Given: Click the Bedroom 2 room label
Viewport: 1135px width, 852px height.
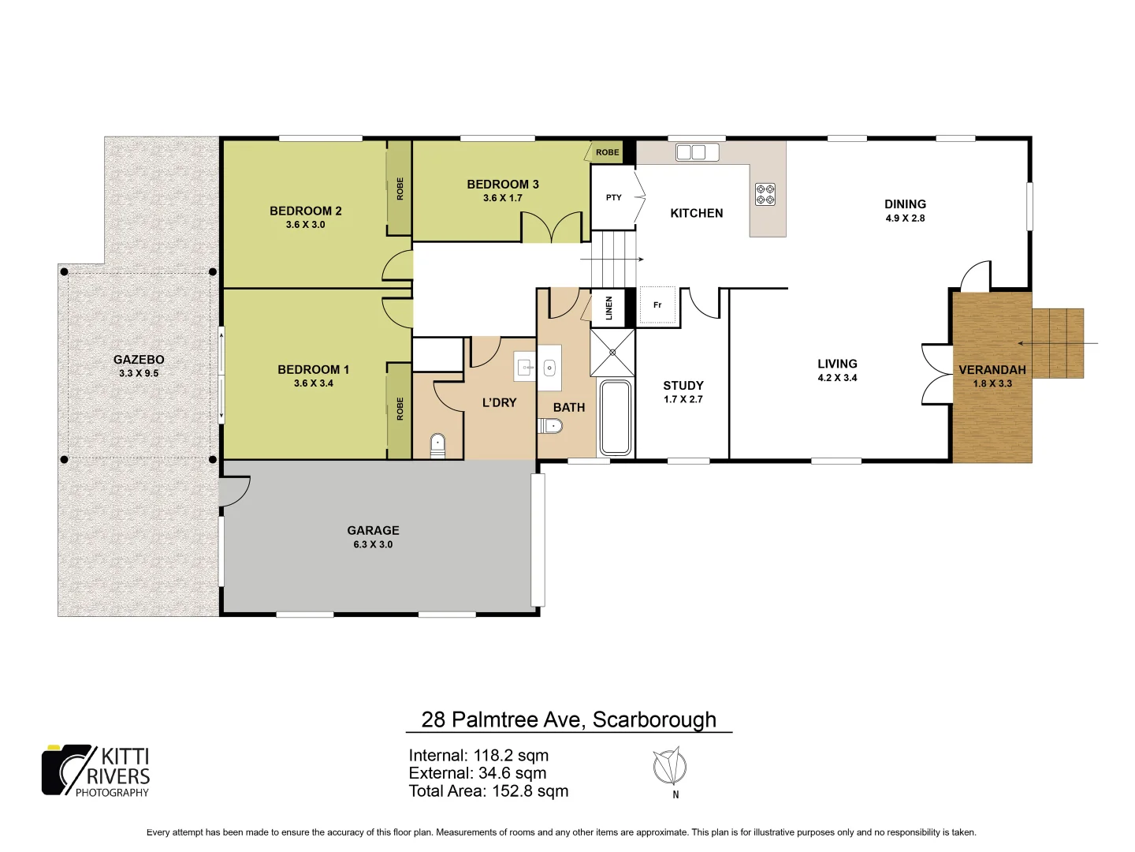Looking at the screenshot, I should pos(305,211).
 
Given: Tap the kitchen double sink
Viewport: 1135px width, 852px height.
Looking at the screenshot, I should pos(697,152).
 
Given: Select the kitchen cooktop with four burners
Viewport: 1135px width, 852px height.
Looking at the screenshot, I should pos(765,194).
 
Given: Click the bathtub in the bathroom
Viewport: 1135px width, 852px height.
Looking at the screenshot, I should pos(616,418).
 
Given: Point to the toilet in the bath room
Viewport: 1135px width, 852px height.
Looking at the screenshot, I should pos(551,426).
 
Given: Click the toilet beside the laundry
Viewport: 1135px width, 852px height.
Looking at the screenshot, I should pos(437,446).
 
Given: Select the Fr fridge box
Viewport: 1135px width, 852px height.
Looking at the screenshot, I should pos(657,305).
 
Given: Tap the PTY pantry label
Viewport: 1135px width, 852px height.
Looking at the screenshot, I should pos(613,197).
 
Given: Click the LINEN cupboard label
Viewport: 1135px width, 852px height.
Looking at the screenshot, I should pos(608,308).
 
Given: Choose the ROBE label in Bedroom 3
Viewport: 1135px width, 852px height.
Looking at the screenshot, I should pos(607,152).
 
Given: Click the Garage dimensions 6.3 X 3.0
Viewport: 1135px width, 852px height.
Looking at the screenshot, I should pos(373,544).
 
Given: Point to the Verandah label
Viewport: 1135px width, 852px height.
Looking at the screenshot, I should pos(992,369).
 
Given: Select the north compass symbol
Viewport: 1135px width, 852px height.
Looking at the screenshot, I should pos(670,767).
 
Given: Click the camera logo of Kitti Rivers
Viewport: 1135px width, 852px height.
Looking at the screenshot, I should pos(67,770).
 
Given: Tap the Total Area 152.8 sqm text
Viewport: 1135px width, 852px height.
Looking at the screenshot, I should pos(488,791).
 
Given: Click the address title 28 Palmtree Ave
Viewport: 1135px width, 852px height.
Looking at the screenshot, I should pos(568,719).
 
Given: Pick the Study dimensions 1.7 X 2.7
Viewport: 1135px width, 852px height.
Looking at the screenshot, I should pos(683,399).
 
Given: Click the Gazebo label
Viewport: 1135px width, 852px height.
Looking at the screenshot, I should pos(139,359).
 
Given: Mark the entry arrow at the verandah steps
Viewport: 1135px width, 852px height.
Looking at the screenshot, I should pos(1056,343).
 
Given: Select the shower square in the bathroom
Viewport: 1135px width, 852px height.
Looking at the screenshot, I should pos(612,352).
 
